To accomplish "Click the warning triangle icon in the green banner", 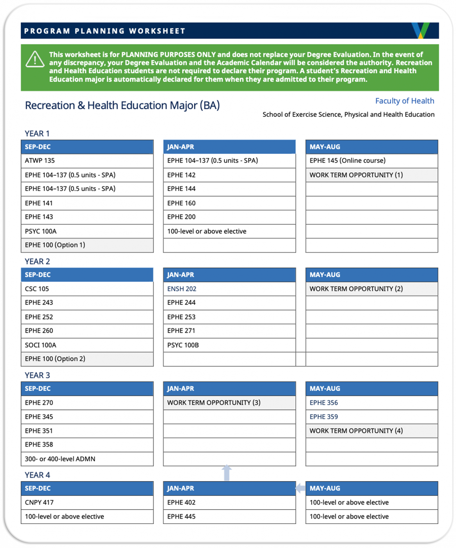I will (35, 59).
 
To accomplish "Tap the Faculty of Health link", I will (404, 101).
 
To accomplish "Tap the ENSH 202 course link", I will (182, 289).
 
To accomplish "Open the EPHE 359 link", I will (323, 417).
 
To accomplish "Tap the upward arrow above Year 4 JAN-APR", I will (227, 473).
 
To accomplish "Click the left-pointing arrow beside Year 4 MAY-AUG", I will (300, 488).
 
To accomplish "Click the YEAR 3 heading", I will (37, 375).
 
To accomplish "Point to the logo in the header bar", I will (420, 31).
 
